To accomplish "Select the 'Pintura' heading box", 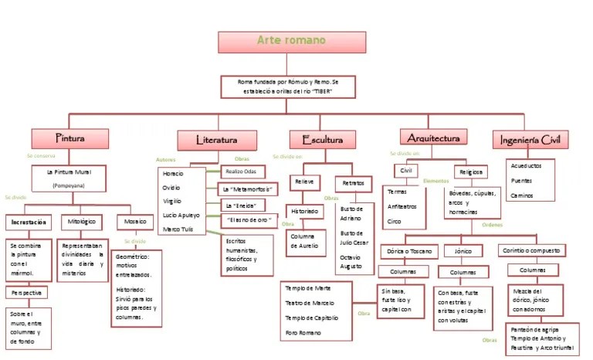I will [69, 139].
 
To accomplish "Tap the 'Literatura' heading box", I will [217, 141].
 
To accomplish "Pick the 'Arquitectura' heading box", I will [434, 138].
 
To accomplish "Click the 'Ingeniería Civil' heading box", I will [530, 139].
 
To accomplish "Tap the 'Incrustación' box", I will [29, 222].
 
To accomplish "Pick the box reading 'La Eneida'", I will [239, 205].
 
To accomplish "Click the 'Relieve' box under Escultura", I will [303, 182].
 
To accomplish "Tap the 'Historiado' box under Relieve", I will [303, 210].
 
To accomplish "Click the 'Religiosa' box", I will [470, 172].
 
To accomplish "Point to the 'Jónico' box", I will [463, 251].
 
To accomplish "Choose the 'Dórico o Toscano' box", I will [408, 251].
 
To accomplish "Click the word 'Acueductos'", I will [527, 166].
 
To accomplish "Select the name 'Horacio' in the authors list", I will [174, 173].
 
